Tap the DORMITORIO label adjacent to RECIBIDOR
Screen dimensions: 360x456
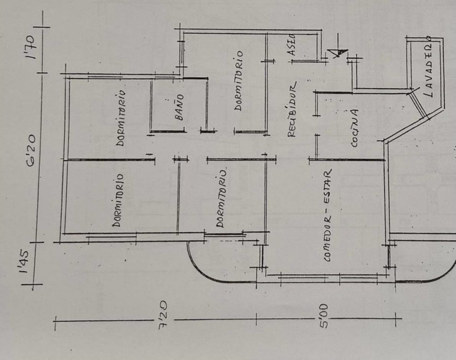[x=239, y=81]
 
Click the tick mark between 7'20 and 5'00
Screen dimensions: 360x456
[x=256, y=319]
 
